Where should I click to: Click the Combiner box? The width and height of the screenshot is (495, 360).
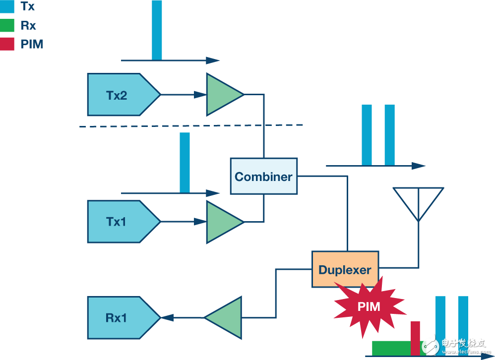click(263, 176)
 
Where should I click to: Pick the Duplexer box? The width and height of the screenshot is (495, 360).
click(345, 269)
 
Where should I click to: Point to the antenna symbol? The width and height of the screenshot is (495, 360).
click(418, 201)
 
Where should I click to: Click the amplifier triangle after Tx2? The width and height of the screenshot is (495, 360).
click(221, 94)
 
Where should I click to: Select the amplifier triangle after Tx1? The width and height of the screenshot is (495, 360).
click(221, 222)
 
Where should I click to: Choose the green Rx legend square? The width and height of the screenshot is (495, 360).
click(7, 25)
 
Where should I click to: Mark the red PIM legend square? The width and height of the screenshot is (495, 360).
click(7, 44)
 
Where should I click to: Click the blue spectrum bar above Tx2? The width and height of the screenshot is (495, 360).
click(157, 30)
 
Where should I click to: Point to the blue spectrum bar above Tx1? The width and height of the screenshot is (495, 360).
click(185, 162)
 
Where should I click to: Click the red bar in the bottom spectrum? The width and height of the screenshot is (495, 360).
click(415, 338)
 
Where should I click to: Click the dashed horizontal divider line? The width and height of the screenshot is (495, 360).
click(191, 126)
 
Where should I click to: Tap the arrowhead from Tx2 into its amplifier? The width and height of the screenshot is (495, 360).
click(201, 94)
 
